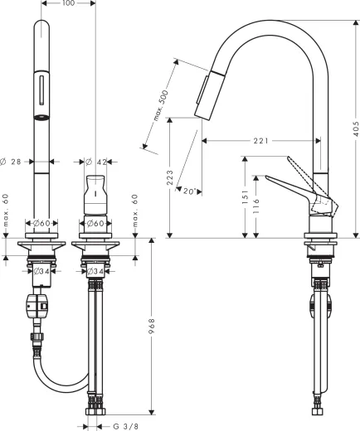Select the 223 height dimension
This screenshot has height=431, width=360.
pyautogui.click(x=168, y=178)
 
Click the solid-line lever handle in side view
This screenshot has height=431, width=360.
pyautogui.click(x=290, y=186)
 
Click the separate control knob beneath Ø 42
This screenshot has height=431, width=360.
pyautogui.click(x=95, y=192)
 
